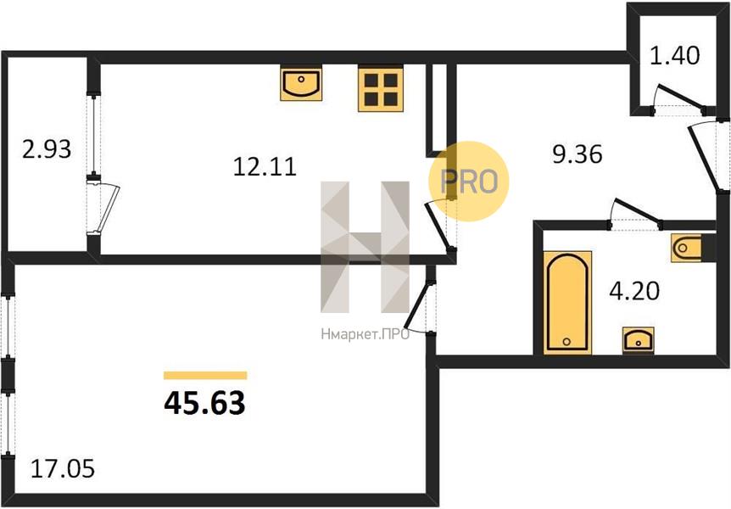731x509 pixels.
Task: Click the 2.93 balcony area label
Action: tap(47, 149)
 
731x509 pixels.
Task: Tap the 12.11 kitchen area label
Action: tap(265, 166)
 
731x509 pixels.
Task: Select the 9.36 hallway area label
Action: tap(578, 154)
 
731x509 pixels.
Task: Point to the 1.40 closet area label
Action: tap(674, 55)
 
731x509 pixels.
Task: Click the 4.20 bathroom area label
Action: tap(634, 291)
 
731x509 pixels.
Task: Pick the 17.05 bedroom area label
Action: tap(63, 468)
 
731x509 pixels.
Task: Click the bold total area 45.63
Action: tap(204, 403)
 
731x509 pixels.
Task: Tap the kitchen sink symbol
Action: tap(301, 83)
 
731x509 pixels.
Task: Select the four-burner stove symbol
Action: tap(381, 88)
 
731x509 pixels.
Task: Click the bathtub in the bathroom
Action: tap(567, 302)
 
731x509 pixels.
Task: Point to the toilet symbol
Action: tap(688, 248)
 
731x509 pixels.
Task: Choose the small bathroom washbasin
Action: tap(639, 340)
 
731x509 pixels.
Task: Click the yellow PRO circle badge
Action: tap(468, 181)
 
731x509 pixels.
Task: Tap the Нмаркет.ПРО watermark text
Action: tap(365, 334)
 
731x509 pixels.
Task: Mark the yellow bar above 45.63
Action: tap(205, 376)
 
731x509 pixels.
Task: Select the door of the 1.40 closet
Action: tap(680, 98)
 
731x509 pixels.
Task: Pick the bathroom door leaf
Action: tap(637, 212)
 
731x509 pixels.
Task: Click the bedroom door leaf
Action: tap(417, 305)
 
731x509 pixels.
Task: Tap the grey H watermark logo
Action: tap(365, 247)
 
